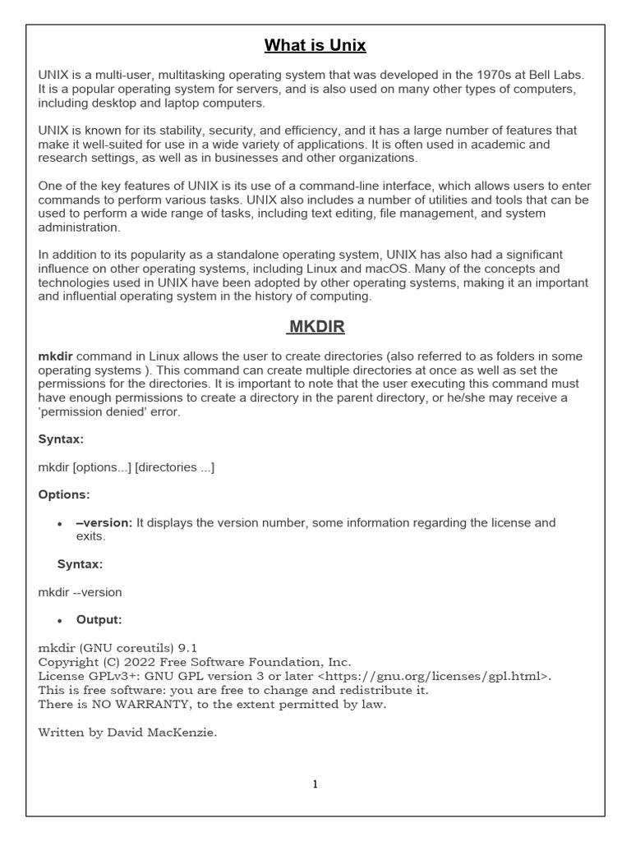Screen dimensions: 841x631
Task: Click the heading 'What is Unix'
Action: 315,45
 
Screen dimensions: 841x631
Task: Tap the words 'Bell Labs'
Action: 559,75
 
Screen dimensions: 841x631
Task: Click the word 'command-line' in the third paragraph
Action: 316,186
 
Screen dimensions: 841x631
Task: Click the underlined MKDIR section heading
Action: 316,327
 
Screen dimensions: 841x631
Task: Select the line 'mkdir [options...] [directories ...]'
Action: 127,467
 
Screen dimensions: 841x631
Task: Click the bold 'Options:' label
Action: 64,495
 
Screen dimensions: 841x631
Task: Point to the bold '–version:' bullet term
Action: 104,523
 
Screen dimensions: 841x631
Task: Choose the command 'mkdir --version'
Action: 80,592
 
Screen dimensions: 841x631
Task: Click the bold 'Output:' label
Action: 99,620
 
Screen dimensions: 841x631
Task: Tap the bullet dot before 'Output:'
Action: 60,621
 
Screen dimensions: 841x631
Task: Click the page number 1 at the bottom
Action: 315,784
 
